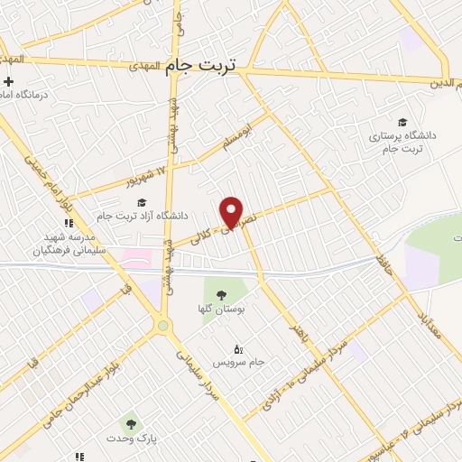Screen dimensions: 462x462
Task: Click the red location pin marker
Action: click(232, 211)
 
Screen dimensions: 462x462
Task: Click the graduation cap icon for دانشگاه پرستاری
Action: click(402, 122)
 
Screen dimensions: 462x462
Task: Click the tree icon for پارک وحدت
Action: click(132, 422)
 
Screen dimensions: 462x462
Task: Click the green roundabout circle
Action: click(162, 325)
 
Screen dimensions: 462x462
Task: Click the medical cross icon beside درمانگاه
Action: click(8, 82)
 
